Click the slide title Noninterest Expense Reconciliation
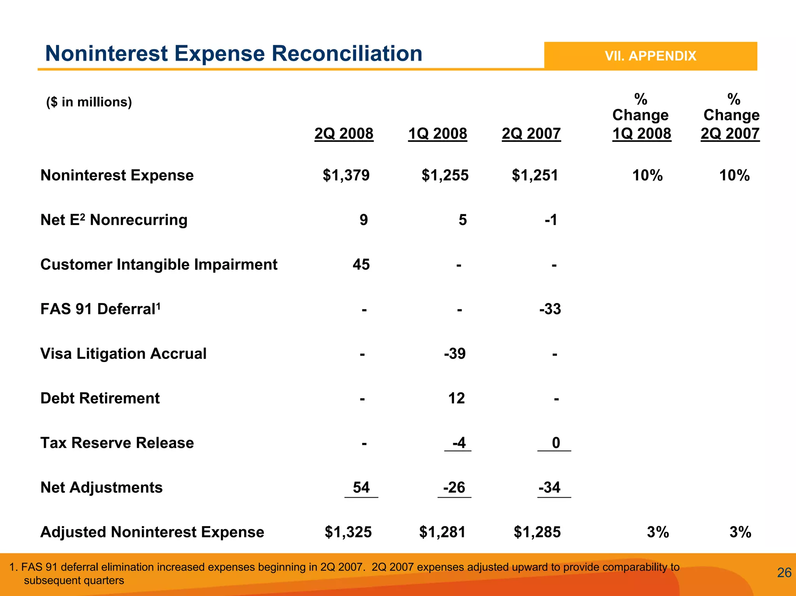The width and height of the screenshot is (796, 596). [234, 54]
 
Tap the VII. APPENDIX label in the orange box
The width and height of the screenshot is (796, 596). [650, 56]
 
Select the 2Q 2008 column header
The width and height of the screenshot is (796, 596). [344, 134]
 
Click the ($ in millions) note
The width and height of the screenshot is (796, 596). [89, 102]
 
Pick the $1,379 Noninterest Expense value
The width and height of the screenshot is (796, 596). [346, 175]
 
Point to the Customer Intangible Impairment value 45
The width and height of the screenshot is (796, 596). [361, 265]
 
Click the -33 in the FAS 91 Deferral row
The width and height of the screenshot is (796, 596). [550, 309]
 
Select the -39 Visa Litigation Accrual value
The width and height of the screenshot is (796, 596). [455, 354]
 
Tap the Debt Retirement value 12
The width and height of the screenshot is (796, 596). [456, 399]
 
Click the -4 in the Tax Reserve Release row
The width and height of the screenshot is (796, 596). [459, 443]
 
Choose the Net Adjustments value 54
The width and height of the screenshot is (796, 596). [361, 488]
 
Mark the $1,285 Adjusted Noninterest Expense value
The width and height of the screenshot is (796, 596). [537, 532]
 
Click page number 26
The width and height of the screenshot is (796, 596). [784, 573]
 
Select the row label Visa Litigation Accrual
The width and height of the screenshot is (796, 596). [123, 354]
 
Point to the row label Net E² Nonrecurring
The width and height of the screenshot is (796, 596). [114, 220]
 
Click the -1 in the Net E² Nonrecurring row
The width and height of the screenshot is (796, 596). [551, 220]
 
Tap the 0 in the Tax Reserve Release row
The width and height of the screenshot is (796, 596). [556, 443]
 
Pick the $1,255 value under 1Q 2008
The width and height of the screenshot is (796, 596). [445, 175]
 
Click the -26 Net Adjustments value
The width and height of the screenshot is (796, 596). [454, 488]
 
